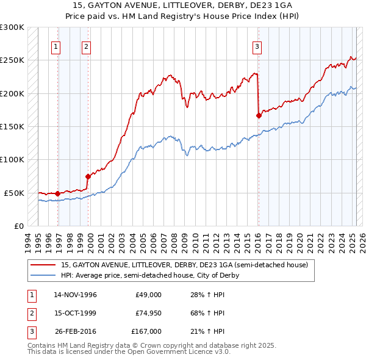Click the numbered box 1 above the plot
(56, 46)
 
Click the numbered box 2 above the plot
(86, 46)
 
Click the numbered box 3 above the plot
(257, 46)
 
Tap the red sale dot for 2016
(259, 115)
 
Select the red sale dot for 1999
(88, 176)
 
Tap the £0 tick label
(18, 226)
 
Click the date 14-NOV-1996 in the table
(76, 295)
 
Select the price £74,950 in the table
(148, 313)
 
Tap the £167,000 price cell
(146, 331)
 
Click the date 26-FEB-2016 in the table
(76, 331)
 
